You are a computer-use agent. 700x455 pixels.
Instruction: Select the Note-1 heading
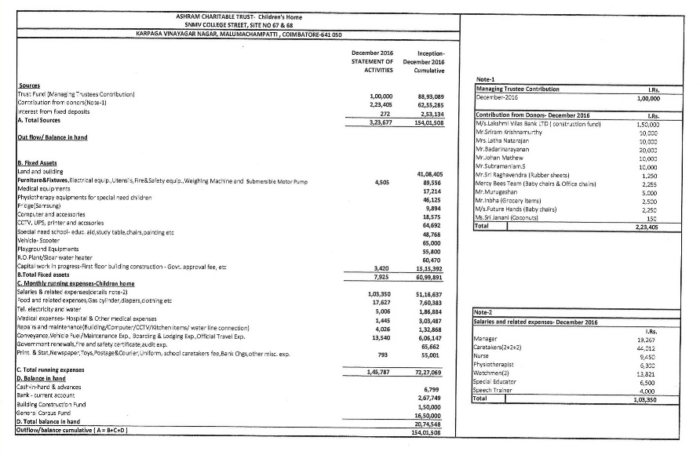pos(486,80)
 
